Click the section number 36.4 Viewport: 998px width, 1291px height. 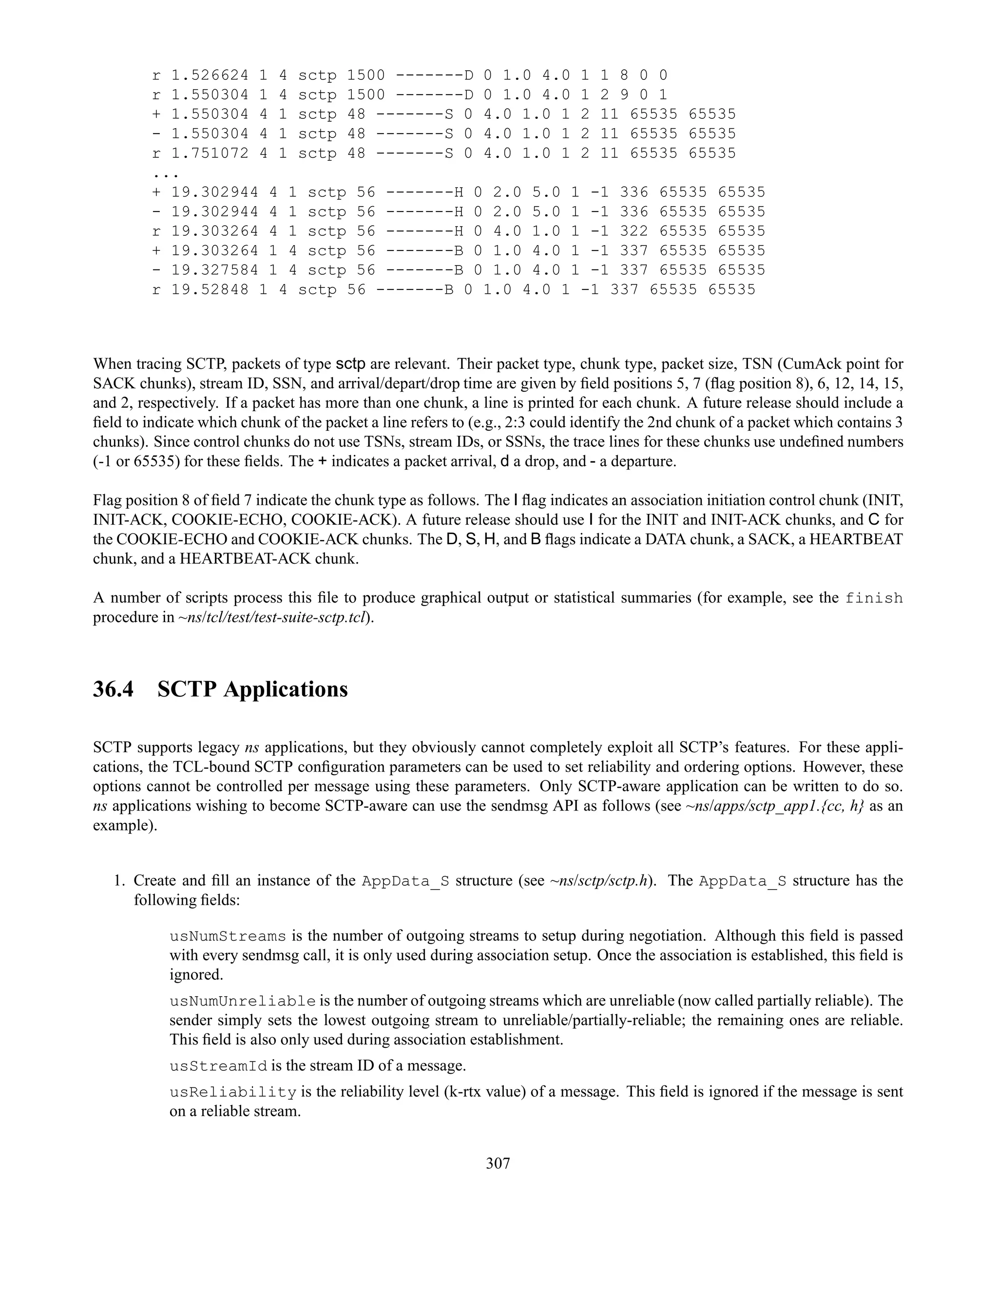pos(113,689)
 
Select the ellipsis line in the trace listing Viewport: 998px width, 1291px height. pos(166,173)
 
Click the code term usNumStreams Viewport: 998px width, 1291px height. pos(228,936)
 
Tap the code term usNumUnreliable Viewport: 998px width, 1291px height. pos(242,1001)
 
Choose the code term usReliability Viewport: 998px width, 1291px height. pos(233,1091)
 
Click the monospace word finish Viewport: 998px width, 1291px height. pos(874,598)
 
